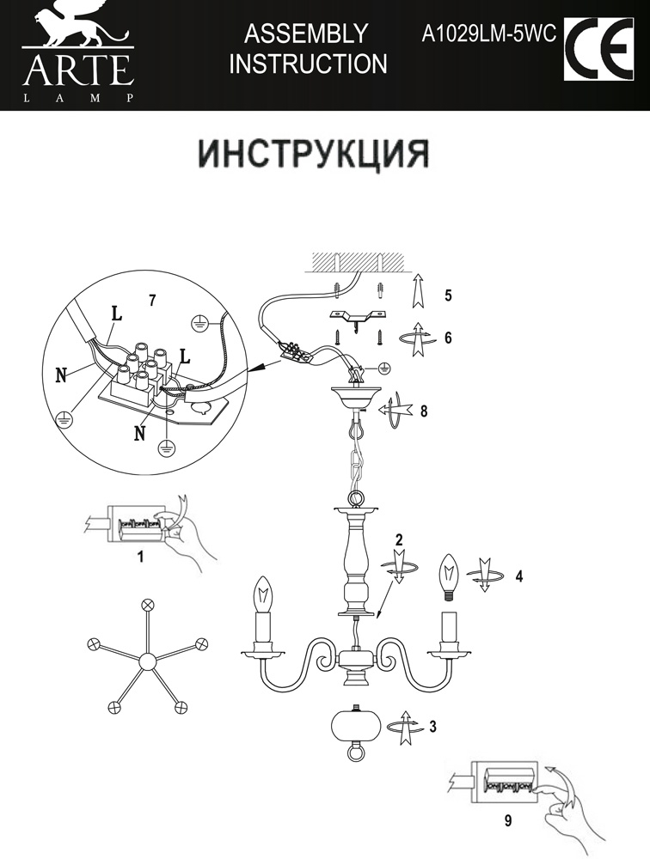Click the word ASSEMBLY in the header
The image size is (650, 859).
306,34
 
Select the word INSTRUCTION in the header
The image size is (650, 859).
308,64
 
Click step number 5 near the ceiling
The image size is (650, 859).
448,295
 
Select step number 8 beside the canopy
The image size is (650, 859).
423,411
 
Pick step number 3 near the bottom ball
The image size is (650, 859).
432,727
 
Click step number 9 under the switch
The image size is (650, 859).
508,821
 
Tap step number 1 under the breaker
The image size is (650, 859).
140,556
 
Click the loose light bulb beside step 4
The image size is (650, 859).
447,576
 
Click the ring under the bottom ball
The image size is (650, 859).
355,754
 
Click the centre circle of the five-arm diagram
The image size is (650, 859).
147,661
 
